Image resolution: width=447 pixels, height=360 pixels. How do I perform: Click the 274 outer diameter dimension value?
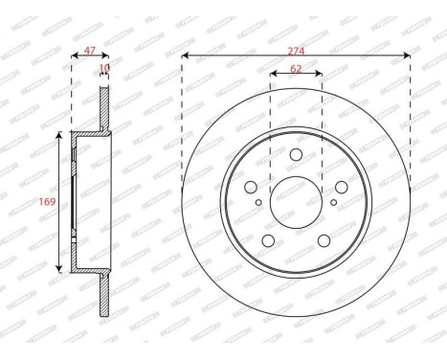(296, 45)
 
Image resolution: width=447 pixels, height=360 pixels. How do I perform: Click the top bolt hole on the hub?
(296, 156)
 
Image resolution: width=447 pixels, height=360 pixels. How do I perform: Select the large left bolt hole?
(252, 189)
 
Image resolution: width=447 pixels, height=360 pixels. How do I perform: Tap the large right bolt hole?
(340, 189)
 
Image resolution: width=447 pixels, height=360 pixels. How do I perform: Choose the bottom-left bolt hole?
(269, 240)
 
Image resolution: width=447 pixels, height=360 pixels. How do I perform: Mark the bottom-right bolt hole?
(324, 240)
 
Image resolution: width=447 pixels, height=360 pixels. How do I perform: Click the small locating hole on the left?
(258, 202)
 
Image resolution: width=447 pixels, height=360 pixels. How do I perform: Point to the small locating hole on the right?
(333, 202)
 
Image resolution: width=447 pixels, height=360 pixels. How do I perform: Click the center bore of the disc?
(296, 203)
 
